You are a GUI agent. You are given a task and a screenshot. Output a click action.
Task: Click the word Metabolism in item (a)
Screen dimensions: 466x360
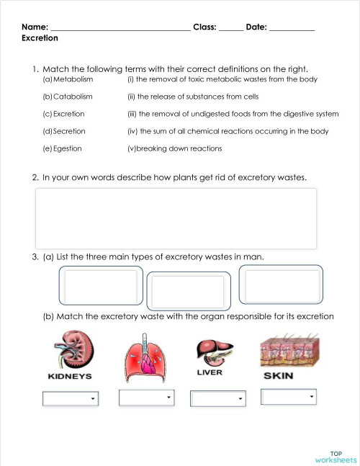pyautogui.click(x=73, y=79)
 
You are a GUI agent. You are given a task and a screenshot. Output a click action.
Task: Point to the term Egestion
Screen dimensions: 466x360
pyautogui.click(x=68, y=148)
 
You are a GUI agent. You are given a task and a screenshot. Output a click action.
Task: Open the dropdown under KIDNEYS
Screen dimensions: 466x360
pyautogui.click(x=71, y=398)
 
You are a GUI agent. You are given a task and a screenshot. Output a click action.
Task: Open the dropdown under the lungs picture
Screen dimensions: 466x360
pyautogui.click(x=147, y=398)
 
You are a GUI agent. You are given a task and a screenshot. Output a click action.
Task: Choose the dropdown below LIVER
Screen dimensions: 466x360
pyautogui.click(x=217, y=398)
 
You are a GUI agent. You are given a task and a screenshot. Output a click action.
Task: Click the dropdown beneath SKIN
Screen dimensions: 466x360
pyautogui.click(x=289, y=397)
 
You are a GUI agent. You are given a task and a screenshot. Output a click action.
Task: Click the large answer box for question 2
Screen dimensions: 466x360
pyautogui.click(x=176, y=218)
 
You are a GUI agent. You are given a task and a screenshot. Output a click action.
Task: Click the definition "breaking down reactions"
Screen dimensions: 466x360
pyautogui.click(x=176, y=148)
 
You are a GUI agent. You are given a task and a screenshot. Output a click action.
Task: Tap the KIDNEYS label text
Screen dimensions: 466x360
pyautogui.click(x=69, y=377)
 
